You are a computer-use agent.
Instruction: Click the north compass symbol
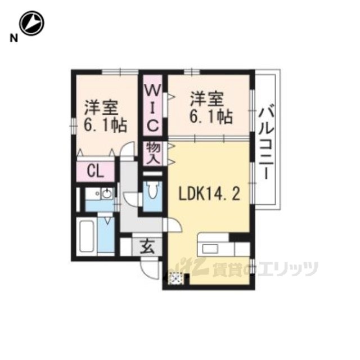click(31, 24)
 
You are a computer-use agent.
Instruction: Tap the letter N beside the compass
click(13, 38)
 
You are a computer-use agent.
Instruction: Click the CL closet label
click(96, 171)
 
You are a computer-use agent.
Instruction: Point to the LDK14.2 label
click(209, 193)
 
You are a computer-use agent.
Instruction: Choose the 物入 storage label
click(153, 153)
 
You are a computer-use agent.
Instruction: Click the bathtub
click(87, 236)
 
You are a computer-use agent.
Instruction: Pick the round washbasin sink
click(107, 193)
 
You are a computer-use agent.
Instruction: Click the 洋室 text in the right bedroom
click(207, 98)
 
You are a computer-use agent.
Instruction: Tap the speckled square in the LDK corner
click(176, 278)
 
